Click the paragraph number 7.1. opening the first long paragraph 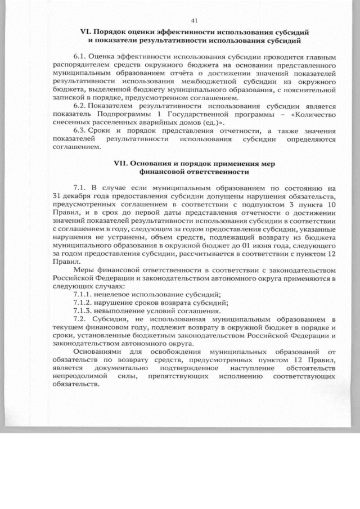tap(81, 186)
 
